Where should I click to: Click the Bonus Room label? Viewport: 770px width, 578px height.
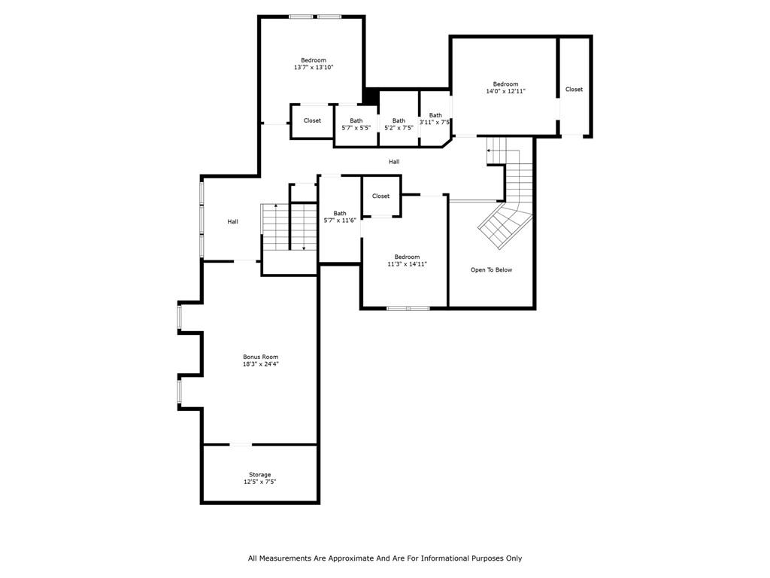[x=260, y=357]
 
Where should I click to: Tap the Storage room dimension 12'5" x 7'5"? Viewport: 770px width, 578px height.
[x=260, y=482]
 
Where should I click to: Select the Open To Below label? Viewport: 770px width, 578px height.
[x=491, y=269]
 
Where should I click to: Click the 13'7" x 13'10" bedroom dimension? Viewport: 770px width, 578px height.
[x=314, y=68]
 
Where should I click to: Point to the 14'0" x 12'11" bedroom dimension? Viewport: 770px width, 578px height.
[x=505, y=91]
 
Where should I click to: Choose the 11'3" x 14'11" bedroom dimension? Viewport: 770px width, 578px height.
[x=408, y=264]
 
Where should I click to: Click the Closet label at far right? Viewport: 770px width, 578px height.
[x=574, y=90]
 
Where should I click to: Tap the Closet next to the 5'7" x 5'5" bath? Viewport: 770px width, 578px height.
[x=312, y=120]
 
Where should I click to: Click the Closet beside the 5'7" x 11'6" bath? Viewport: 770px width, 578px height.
[x=381, y=196]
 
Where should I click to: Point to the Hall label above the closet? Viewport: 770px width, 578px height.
[x=394, y=162]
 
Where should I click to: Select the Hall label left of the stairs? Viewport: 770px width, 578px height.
[x=233, y=221]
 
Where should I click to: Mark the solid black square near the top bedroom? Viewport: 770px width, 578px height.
[x=371, y=96]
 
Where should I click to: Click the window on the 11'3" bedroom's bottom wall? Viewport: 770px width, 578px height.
[x=408, y=308]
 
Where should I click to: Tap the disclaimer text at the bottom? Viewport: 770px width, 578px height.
[x=385, y=558]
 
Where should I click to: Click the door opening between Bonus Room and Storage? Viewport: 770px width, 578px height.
[x=241, y=445]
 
